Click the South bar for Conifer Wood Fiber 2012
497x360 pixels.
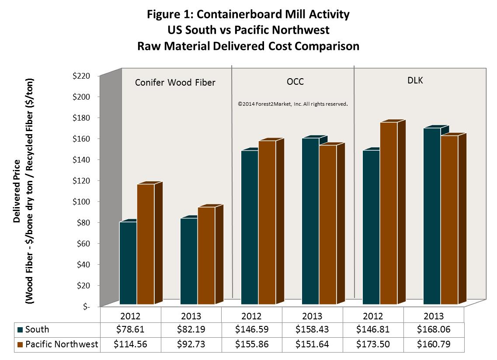128,263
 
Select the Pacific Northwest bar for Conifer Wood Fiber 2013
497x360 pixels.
206,255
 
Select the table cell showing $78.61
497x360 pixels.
130,329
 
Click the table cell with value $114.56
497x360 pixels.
130,345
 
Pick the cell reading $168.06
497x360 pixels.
434,329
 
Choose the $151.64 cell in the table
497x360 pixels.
312,345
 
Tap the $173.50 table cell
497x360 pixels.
373,345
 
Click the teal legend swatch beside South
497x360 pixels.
20,329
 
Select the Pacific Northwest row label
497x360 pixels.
61,345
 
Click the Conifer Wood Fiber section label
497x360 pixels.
175,82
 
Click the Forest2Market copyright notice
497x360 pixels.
292,104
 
